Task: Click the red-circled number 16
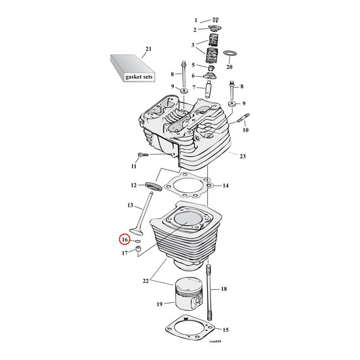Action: click(x=125, y=240)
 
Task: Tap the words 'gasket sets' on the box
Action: click(x=139, y=76)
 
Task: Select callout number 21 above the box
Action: click(x=148, y=49)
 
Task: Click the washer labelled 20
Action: click(x=230, y=54)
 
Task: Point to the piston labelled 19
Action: click(x=188, y=294)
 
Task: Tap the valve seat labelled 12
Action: click(x=154, y=186)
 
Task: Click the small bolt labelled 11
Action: click(x=143, y=155)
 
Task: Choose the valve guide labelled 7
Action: click(x=208, y=89)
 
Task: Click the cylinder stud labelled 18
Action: click(x=209, y=292)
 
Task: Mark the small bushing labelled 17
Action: click(x=138, y=249)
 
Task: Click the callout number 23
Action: click(x=243, y=156)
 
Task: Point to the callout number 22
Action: click(x=146, y=281)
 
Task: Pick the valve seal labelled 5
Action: click(x=210, y=68)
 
